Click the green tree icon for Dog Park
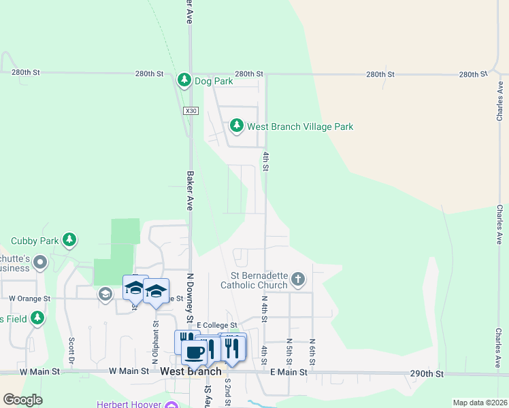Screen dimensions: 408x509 click(x=184, y=80)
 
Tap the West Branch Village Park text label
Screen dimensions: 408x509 click(x=299, y=126)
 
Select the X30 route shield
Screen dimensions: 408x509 click(x=191, y=110)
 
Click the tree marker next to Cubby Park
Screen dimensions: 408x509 click(x=69, y=240)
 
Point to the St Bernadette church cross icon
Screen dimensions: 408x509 click(x=298, y=279)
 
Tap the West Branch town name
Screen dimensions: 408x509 click(x=191, y=371)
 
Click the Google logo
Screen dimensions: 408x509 click(x=22, y=399)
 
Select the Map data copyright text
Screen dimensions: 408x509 click(x=480, y=403)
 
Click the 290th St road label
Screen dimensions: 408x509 click(x=427, y=374)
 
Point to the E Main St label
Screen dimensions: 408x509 click(x=289, y=372)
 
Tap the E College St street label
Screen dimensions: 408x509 click(x=216, y=326)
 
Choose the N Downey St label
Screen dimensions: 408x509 click(x=191, y=299)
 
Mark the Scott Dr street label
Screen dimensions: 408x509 click(x=71, y=350)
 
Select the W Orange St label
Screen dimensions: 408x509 click(x=29, y=299)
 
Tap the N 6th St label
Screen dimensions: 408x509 click(x=312, y=350)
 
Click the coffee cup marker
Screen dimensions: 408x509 click(x=194, y=352)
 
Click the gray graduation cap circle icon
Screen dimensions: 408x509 click(x=105, y=294)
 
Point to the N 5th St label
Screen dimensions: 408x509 click(x=289, y=350)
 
